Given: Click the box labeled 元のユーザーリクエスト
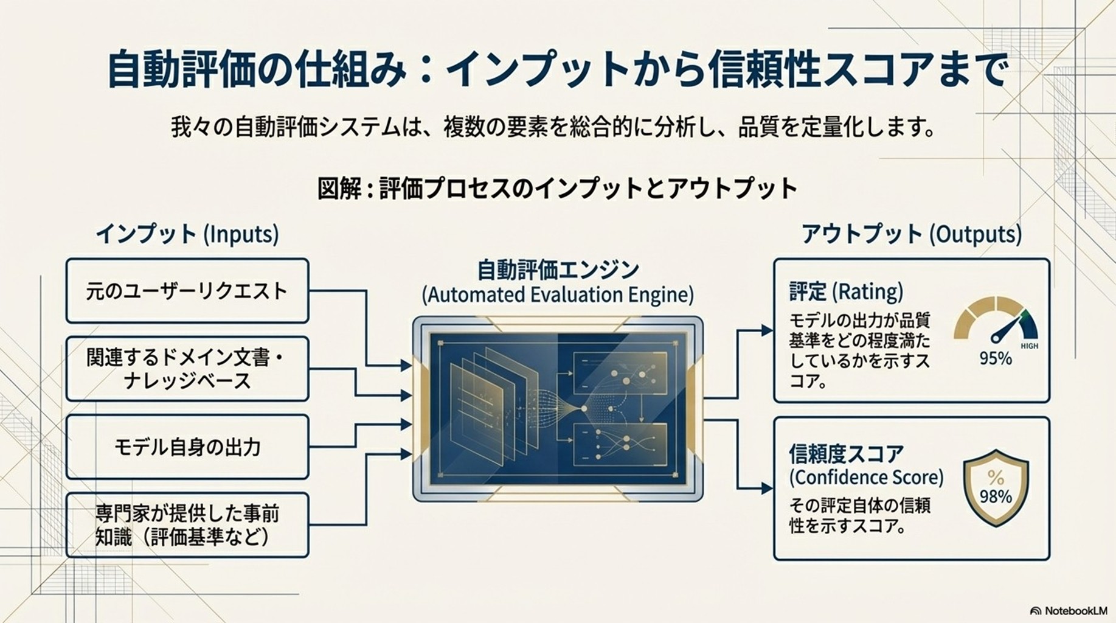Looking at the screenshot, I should [187, 291].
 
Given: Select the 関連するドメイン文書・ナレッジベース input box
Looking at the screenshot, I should [187, 369].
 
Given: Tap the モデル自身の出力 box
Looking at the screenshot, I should [187, 447].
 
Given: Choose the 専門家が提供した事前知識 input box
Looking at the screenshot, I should [187, 525].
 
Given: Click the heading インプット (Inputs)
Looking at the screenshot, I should [187, 234].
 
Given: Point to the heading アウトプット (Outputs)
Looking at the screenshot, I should [911, 234].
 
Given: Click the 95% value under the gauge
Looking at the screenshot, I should [995, 358].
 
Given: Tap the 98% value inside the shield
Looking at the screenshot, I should [996, 497].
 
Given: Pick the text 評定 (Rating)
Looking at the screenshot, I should [846, 292].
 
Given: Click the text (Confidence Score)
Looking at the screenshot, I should [866, 478].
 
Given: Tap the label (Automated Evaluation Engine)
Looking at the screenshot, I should [558, 295].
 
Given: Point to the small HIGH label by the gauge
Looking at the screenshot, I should [1029, 346].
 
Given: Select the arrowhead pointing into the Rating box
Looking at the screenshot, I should [767, 330].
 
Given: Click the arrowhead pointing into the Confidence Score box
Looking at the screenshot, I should [767, 488].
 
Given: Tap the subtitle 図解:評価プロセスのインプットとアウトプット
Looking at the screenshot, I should [557, 188].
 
